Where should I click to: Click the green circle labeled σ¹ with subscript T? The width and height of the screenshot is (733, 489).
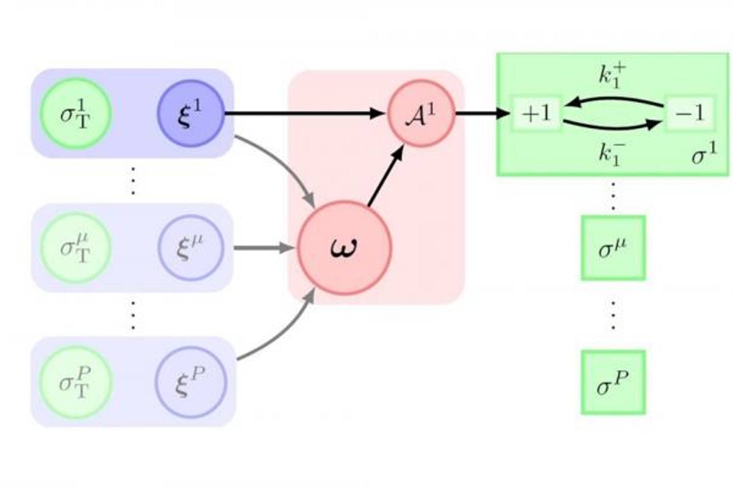coord(76,114)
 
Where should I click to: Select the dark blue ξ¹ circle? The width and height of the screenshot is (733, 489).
coord(192,114)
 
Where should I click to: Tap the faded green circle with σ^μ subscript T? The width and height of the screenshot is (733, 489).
coord(76,248)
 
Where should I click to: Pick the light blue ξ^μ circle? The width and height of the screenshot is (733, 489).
coord(192,248)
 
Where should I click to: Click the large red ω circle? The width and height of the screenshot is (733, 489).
coord(344,248)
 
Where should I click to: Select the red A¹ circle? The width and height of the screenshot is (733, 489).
coord(421,114)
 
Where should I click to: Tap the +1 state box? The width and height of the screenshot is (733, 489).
coord(536,114)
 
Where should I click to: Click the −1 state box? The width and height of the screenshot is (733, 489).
coord(689,114)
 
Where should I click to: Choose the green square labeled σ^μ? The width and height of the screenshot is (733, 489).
coord(613,248)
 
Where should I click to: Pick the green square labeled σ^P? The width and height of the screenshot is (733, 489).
coord(613,382)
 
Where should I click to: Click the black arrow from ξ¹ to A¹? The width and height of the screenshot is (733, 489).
coord(305,113)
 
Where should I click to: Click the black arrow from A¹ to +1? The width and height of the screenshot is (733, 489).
coord(483,113)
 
